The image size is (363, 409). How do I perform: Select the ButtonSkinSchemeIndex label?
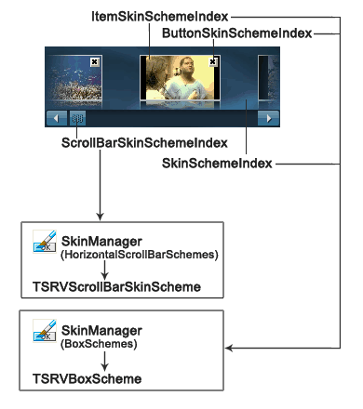coord(236,33)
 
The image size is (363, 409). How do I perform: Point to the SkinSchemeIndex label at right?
coord(217,163)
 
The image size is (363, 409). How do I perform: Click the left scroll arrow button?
coord(56,118)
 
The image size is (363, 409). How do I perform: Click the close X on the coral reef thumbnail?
coord(94,61)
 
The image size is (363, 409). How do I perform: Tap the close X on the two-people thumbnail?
coord(213,61)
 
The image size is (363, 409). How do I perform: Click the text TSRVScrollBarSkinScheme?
coord(116,287)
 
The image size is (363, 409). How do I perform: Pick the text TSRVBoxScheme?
coord(87,379)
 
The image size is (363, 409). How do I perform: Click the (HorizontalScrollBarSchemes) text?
coord(139,254)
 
